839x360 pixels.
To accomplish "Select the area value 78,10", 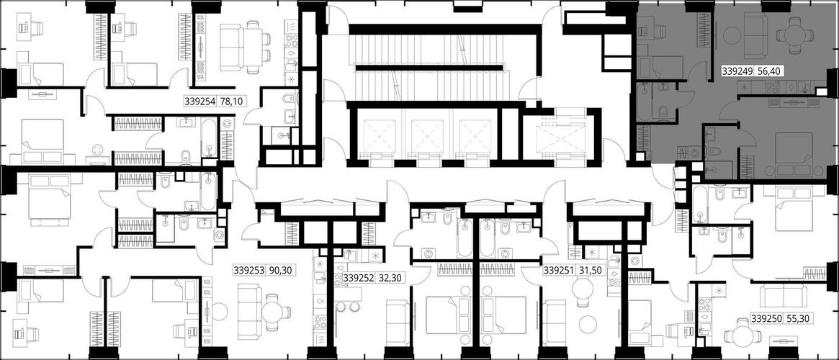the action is click(x=232, y=101).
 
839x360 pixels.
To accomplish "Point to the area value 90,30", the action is click(x=282, y=271).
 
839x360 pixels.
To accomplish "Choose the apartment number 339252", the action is click(x=359, y=278).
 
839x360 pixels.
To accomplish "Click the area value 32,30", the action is click(x=390, y=278).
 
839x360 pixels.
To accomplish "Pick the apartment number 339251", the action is click(x=560, y=271).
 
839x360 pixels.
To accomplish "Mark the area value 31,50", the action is click(x=591, y=271).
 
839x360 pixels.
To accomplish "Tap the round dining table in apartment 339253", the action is click(x=274, y=310).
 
